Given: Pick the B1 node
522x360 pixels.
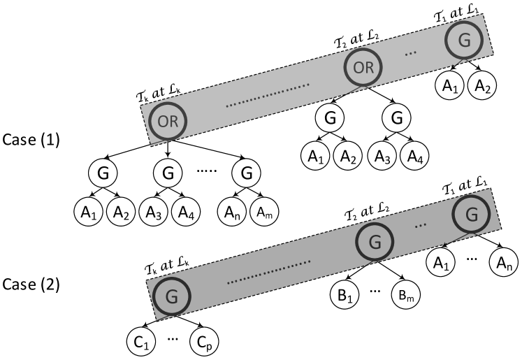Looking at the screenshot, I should click(x=343, y=296).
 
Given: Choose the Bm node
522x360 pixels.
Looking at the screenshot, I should click(x=406, y=296).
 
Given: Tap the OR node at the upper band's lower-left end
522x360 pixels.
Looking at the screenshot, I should click(x=168, y=120).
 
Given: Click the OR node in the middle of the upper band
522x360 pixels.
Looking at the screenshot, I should click(x=363, y=68).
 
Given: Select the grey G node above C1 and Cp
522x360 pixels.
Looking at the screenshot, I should click(x=171, y=296).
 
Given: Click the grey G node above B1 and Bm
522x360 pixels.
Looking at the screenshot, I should click(x=375, y=242).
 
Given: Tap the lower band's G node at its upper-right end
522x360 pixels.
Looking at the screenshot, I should click(x=472, y=214).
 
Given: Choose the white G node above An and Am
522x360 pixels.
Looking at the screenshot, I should click(x=245, y=172).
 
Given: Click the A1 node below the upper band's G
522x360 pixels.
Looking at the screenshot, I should click(x=449, y=86).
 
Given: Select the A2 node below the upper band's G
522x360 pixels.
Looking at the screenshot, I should click(x=481, y=86).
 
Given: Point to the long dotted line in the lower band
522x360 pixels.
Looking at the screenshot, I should click(x=269, y=271).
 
